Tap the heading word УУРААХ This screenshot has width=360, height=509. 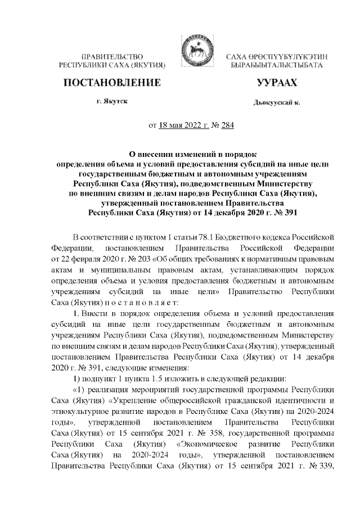coord(275,83)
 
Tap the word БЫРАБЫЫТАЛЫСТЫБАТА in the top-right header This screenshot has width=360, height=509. coord(276,66)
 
